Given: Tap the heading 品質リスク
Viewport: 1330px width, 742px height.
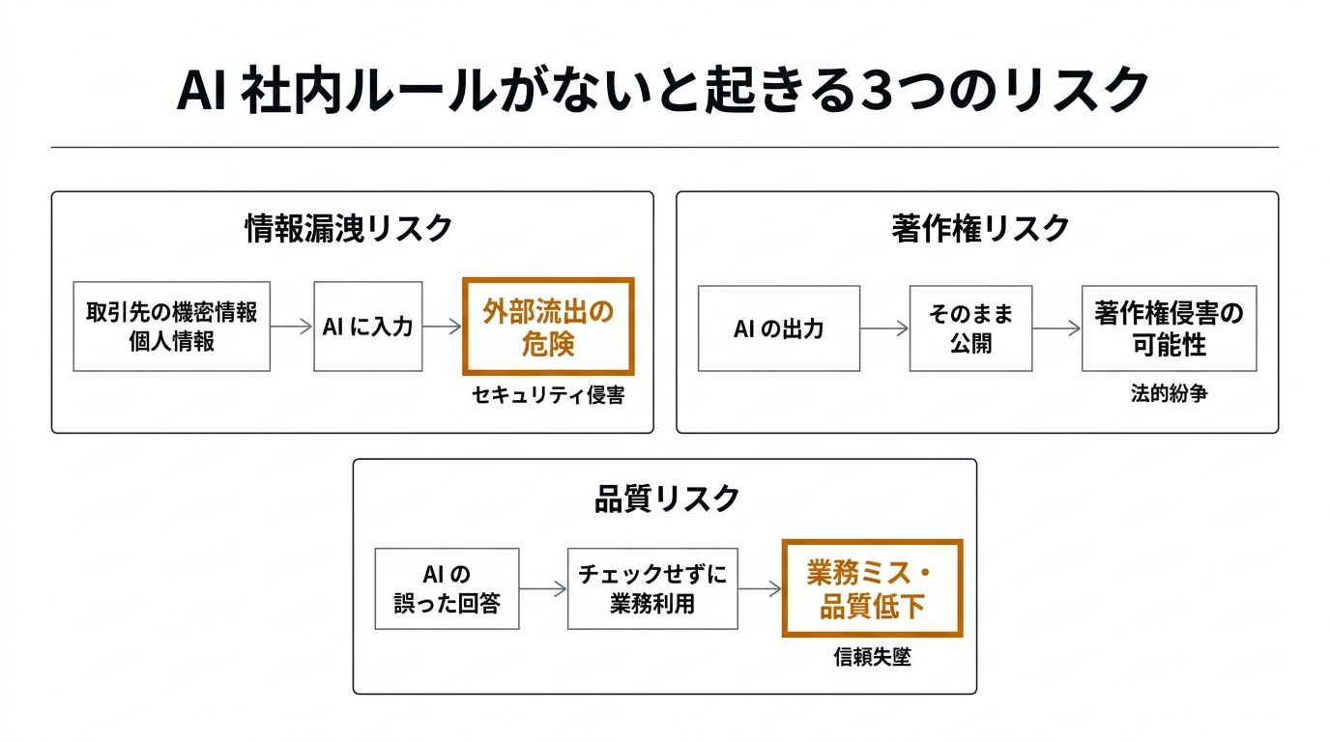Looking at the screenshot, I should click(x=666, y=499).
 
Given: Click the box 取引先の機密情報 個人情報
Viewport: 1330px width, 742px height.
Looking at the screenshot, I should click(x=172, y=327).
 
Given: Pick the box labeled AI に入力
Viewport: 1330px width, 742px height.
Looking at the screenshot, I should click(x=368, y=327).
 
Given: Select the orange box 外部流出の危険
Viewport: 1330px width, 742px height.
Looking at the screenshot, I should click(x=548, y=327).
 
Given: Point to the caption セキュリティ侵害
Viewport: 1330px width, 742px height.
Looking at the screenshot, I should click(x=548, y=395).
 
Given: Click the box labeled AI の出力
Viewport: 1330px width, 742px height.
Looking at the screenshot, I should click(x=778, y=328).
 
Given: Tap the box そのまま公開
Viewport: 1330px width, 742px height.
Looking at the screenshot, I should click(x=970, y=328).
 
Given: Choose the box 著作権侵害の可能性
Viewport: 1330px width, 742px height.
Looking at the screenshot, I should click(x=1169, y=328).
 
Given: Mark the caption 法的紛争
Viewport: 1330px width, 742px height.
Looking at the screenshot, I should click(x=1169, y=395).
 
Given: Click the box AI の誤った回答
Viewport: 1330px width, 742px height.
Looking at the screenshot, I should click(x=447, y=588).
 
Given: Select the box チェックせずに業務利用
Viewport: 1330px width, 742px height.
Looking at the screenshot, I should click(x=652, y=588).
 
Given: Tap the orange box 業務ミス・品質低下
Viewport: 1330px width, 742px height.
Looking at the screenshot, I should click(x=872, y=588).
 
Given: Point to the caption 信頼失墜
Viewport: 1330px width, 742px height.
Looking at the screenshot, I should click(x=872, y=658).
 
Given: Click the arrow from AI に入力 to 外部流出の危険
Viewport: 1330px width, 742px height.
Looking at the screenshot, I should click(x=443, y=327).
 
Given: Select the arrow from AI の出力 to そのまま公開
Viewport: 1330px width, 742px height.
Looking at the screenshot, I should click(x=884, y=328).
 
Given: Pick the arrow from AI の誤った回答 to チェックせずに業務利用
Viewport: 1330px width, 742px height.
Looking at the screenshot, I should click(x=543, y=588).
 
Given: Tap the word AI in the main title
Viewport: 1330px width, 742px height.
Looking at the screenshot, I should click(x=202, y=93).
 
